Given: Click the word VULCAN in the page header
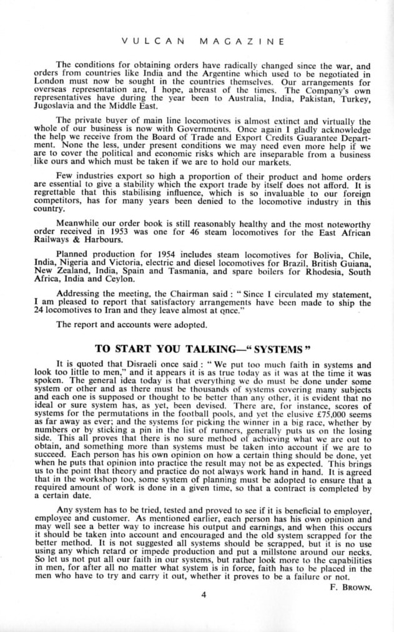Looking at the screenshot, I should pos(151,42).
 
